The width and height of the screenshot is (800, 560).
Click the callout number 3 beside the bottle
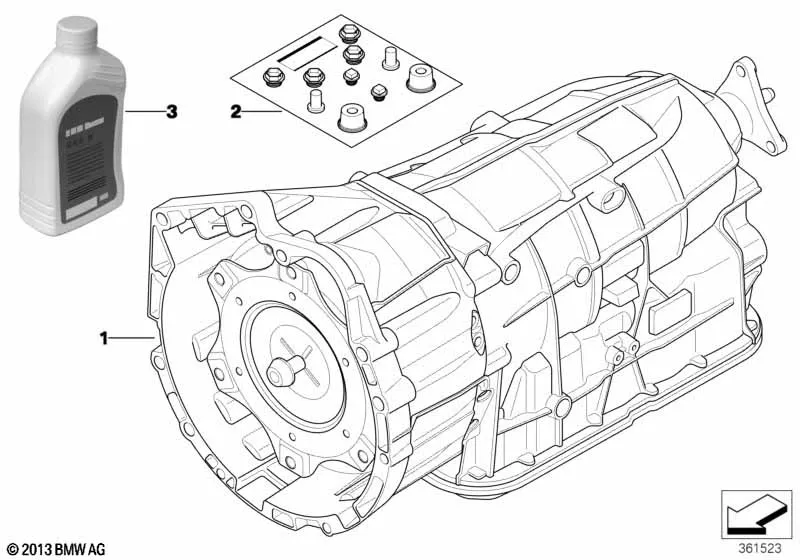click(172, 111)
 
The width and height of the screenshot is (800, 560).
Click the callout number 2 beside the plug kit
click(236, 112)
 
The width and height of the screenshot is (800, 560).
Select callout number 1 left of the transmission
click(104, 339)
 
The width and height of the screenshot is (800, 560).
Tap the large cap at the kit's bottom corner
click(351, 114)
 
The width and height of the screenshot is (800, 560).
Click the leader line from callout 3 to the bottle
click(145, 111)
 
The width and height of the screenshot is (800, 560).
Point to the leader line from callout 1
click(130, 339)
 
